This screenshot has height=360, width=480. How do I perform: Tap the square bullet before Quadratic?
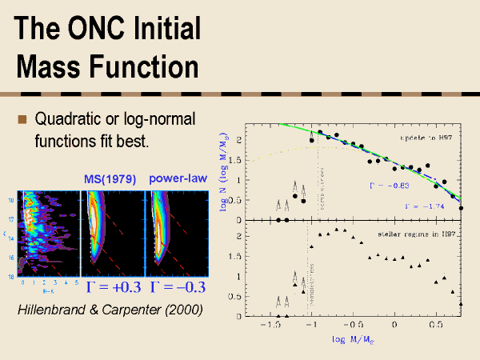pyautogui.click(x=22, y=120)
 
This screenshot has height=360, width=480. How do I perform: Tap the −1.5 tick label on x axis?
pyautogui.click(x=272, y=327)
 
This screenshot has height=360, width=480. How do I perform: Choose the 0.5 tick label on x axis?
pyautogui.click(x=435, y=327)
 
